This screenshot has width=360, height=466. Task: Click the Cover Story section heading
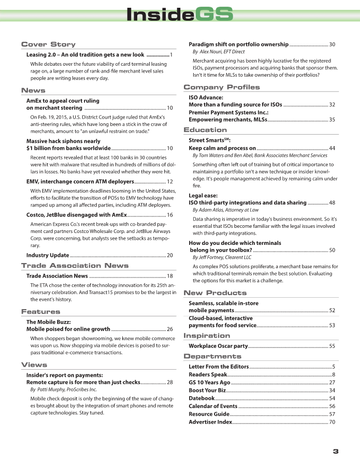(48, 45)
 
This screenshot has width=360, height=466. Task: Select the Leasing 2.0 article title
(85, 54)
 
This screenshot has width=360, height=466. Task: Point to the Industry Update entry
(48, 255)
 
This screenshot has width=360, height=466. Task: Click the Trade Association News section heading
(75, 266)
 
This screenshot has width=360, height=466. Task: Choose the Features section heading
(40, 312)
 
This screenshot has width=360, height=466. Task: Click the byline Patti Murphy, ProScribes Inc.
(63, 389)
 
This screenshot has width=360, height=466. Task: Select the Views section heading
(34, 365)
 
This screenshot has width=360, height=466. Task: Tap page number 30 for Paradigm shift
(332, 45)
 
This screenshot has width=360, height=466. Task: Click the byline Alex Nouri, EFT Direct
(219, 52)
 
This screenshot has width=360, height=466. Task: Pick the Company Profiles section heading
(222, 87)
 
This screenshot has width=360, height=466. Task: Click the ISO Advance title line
(206, 97)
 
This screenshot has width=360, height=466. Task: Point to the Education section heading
(205, 130)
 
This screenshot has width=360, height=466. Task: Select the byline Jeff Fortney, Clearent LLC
(222, 257)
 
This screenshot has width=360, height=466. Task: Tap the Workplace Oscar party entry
(218, 346)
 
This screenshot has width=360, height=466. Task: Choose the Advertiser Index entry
(210, 422)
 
